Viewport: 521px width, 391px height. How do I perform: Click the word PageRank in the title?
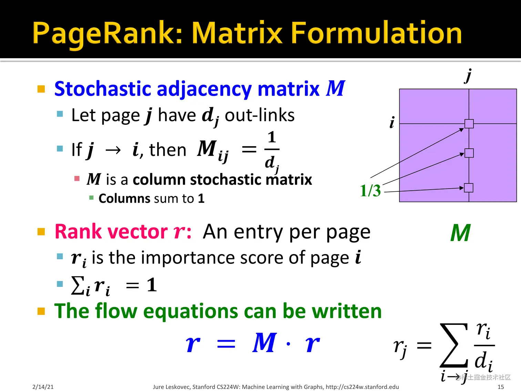tap(107, 33)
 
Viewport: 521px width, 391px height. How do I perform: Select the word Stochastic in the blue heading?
tap(103, 89)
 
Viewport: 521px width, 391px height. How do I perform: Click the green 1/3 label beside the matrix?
tap(370, 190)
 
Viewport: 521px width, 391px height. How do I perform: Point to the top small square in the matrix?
tap(469, 124)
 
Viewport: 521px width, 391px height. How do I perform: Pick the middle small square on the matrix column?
tap(469, 153)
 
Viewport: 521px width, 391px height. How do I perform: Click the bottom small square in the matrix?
tap(469, 188)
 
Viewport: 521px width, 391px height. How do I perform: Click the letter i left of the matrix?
tap(392, 122)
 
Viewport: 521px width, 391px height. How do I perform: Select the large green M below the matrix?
tap(460, 233)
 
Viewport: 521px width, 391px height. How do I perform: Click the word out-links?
tap(260, 115)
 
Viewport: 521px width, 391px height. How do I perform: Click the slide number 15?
tap(501, 387)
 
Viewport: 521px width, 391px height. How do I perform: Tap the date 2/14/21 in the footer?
tap(43, 387)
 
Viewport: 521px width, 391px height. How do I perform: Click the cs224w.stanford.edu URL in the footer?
tap(362, 387)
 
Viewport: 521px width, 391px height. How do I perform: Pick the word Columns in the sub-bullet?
tap(124, 199)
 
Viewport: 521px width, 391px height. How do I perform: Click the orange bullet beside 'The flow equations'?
tap(41, 311)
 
